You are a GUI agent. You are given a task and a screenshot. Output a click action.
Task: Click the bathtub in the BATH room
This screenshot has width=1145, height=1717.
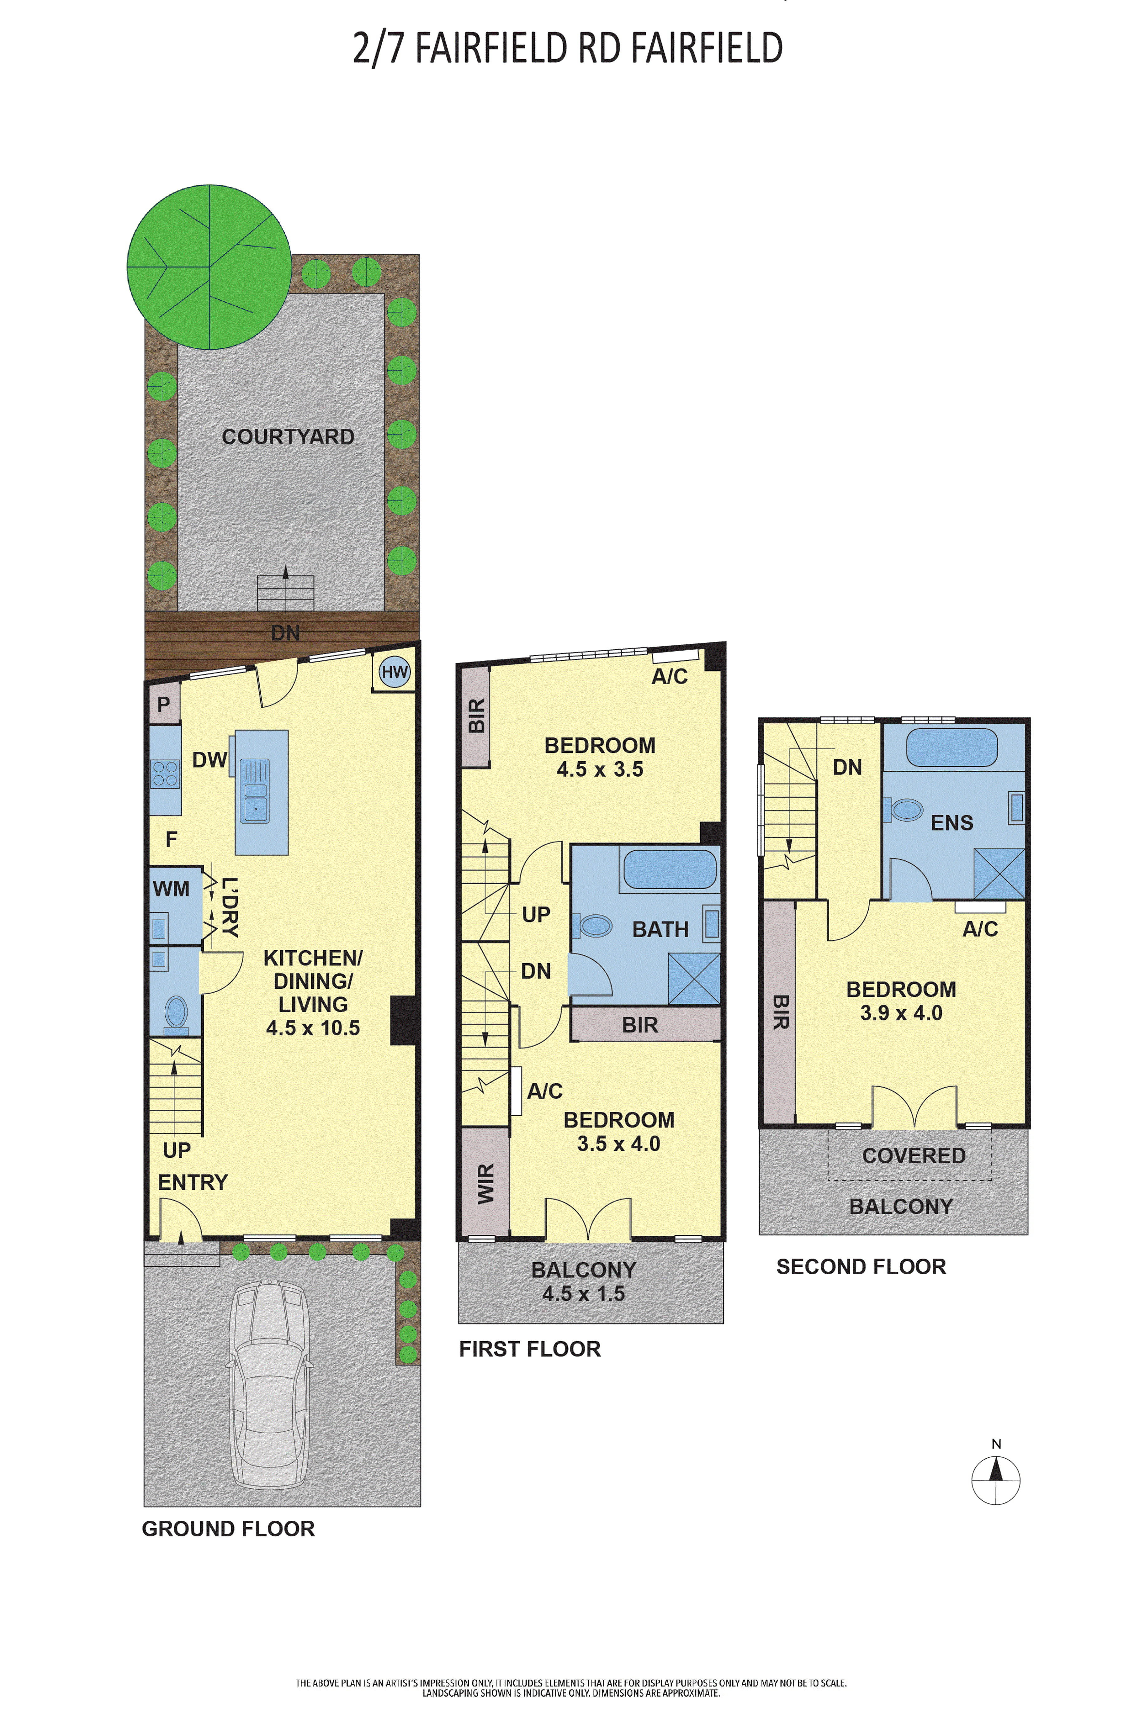[x=670, y=869]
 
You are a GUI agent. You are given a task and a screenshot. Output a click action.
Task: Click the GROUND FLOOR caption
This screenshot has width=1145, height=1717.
[x=229, y=1529]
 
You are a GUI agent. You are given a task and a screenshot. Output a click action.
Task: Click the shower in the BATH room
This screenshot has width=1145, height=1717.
[x=694, y=978]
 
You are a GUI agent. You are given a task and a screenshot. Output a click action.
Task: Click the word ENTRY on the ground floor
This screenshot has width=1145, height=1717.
[x=193, y=1182]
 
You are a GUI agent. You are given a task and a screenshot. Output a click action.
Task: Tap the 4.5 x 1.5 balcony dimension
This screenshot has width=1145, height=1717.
[x=583, y=1294]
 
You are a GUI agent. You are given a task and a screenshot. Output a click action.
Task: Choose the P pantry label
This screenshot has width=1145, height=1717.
[x=164, y=705]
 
